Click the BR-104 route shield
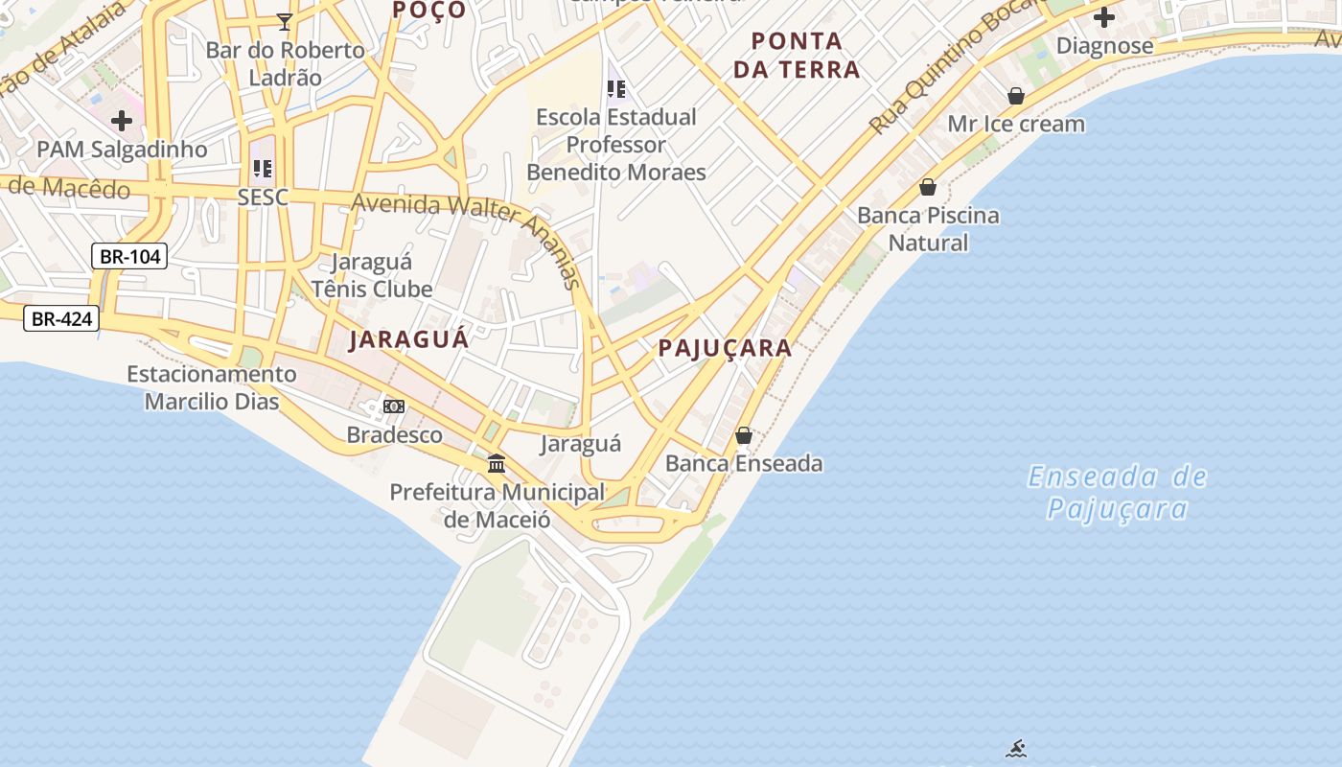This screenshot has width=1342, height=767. tap(129, 256)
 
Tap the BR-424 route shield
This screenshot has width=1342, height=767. tap(61, 318)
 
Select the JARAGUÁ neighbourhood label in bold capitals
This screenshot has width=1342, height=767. tap(409, 339)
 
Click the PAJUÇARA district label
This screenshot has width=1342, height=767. tap(726, 348)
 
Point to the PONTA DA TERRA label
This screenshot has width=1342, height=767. tap(805, 55)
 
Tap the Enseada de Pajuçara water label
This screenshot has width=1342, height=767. tap(1118, 492)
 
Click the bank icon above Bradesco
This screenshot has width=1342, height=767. tap(394, 407)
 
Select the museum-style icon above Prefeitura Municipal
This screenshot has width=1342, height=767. tap(497, 464)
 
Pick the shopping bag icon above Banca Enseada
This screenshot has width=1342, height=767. tap(744, 436)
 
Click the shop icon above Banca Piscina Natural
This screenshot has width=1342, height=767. tap(927, 187)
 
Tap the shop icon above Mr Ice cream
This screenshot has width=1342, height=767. tap(1016, 96)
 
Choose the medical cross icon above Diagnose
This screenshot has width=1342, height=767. tap(1104, 17)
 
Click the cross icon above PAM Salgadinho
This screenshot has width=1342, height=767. tap(122, 121)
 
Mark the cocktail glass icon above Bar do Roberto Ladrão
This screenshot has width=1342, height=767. tap(284, 21)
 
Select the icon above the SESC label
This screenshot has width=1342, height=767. tap(263, 170)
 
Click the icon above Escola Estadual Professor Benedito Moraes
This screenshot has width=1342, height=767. tap(615, 89)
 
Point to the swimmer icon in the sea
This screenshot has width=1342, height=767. tap(1016, 749)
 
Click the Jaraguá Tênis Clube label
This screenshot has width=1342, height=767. tap(372, 275)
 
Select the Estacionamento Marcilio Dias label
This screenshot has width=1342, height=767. tap(212, 387)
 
